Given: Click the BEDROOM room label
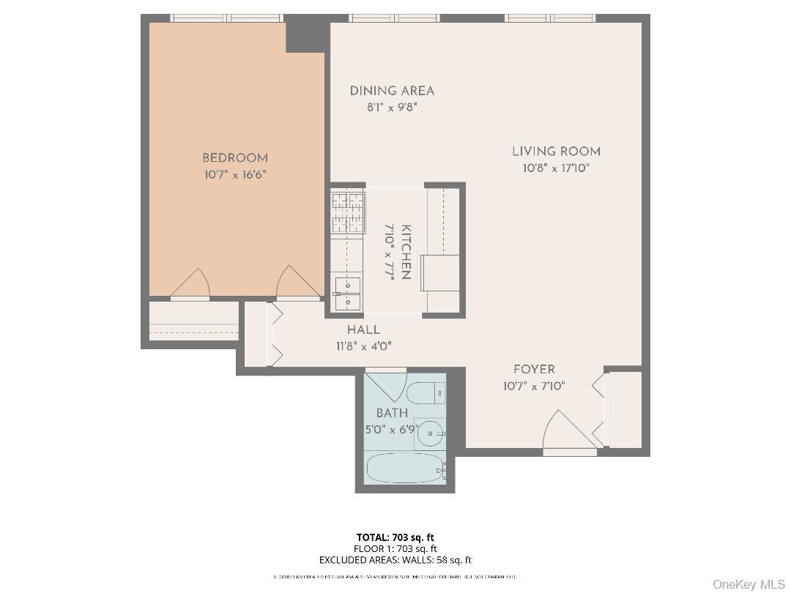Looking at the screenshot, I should coord(235,157).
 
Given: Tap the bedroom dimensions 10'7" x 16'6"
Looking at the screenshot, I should coord(235,175).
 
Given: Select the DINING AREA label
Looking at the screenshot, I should coord(392,91).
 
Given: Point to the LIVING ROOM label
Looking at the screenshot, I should coord(556,152).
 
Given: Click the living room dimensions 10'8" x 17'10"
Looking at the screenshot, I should coord(556,168).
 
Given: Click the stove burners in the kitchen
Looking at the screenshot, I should coord(348,212).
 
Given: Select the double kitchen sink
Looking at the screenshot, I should coord(347,292).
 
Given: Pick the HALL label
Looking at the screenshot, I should coord(363,330).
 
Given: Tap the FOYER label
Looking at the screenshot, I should coord(534,370).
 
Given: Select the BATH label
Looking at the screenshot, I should coord(392,414).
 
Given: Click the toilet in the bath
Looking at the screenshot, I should coord(426,393).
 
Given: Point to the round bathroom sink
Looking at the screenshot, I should coord(431,433).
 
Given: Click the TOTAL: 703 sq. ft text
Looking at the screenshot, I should coord(395,537).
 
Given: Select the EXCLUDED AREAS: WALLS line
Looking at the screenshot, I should coord(395,560).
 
